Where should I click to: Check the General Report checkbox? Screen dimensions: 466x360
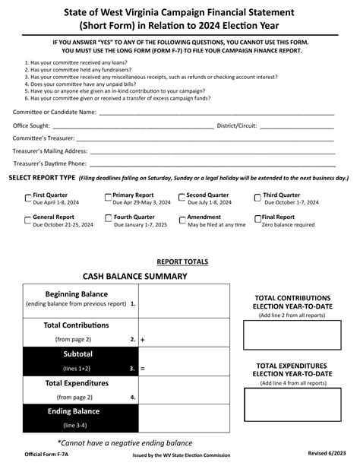point(28,219)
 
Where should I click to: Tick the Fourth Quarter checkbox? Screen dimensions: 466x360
point(108,219)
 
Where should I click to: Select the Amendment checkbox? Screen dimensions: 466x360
point(182,219)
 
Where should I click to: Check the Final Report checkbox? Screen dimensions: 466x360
point(258,219)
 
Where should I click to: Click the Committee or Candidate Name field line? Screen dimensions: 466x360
point(216,113)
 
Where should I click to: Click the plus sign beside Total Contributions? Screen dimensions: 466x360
point(142,340)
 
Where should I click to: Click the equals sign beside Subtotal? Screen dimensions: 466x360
point(142,369)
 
